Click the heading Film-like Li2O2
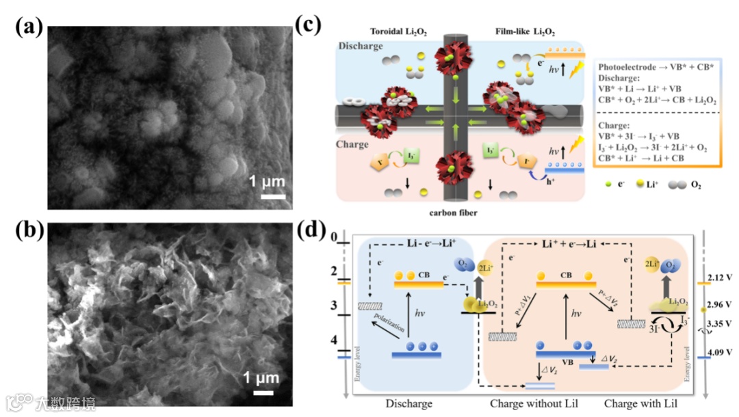pyautogui.click(x=525, y=32)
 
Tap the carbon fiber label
pyautogui.click(x=453, y=213)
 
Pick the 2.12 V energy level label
pyautogui.click(x=718, y=278)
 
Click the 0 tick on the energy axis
pyautogui.click(x=335, y=237)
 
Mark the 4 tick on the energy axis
pyautogui.click(x=335, y=340)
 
